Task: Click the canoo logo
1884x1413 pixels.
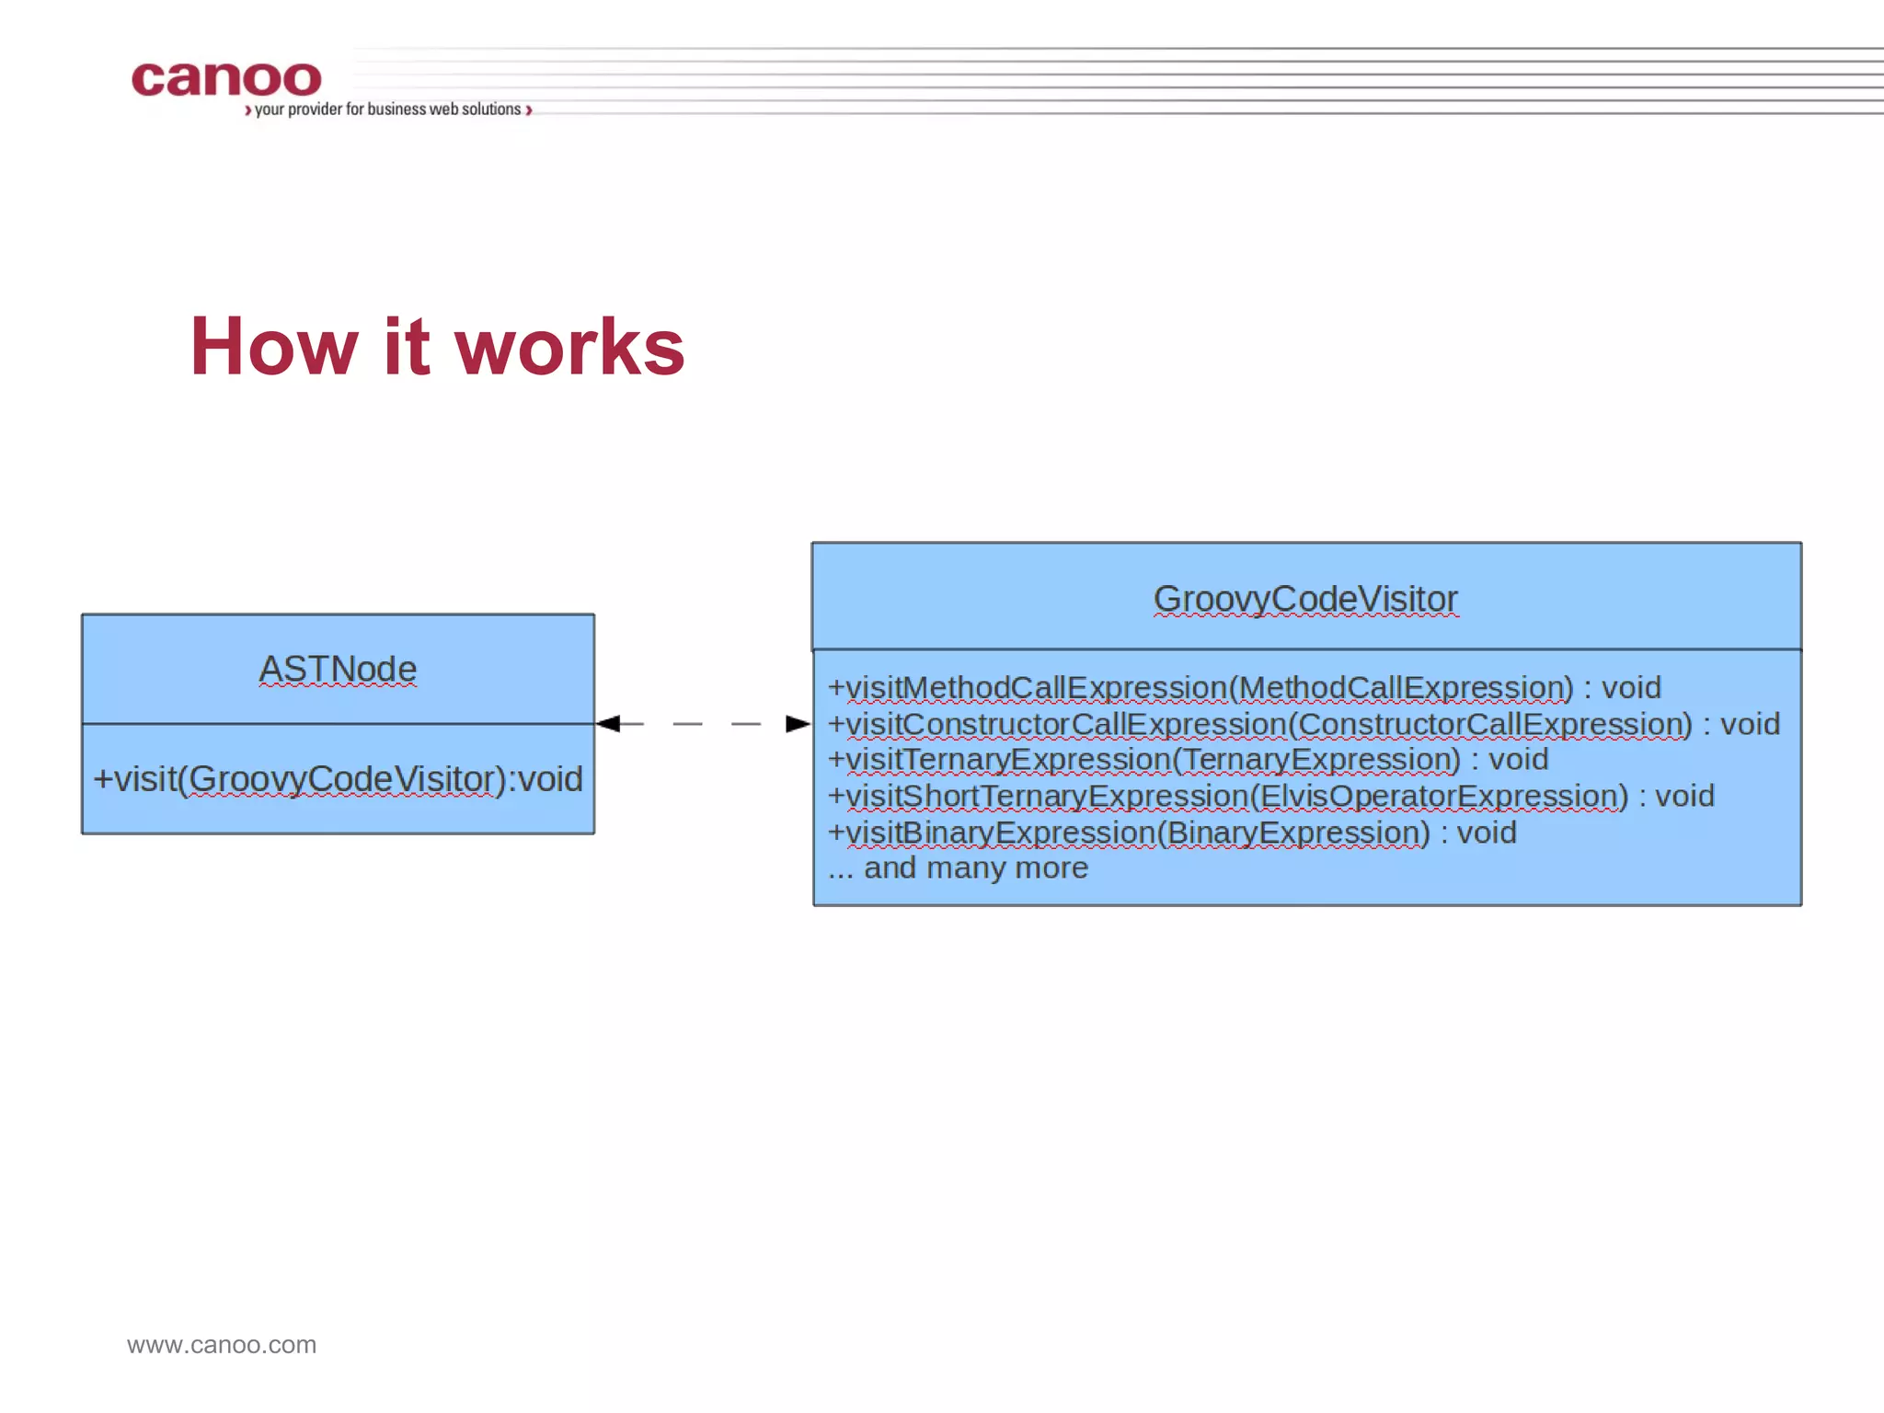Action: point(226,79)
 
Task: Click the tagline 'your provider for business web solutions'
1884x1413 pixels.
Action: point(387,109)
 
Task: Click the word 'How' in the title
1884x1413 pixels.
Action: point(273,347)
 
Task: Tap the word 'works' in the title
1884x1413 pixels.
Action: point(569,347)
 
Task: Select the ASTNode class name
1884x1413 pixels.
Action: point(338,669)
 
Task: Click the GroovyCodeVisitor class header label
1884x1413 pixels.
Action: point(1305,599)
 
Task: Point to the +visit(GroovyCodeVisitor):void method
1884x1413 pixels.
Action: point(338,779)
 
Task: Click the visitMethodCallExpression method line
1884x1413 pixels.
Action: point(1244,688)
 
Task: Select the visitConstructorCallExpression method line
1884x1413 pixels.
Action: point(1304,724)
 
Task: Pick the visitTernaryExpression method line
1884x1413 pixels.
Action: point(1188,760)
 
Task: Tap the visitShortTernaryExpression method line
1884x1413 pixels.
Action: point(1270,796)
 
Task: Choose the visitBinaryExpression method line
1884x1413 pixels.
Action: point(1171,833)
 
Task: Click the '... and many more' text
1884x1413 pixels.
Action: point(958,867)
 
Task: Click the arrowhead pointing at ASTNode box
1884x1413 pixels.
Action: point(607,724)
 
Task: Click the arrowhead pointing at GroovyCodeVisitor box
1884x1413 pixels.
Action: point(798,724)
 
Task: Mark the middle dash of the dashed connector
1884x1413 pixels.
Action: point(687,724)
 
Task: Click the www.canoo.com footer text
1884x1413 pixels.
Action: point(222,1345)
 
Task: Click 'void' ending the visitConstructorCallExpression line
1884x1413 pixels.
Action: point(1750,724)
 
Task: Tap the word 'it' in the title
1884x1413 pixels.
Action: point(406,347)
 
